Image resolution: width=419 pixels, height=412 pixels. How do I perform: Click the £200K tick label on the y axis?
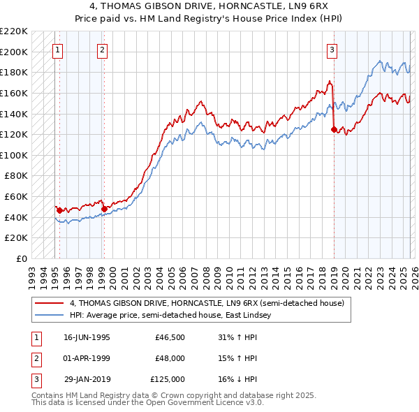coord(15,52)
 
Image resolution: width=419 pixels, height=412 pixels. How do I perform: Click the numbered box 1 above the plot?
coord(57,50)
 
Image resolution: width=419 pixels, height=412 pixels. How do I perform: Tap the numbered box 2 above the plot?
coord(102,50)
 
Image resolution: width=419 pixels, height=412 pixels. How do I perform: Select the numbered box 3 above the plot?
coord(332,50)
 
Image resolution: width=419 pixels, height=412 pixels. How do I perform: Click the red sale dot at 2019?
coord(334,129)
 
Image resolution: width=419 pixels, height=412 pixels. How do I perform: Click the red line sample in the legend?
coord(50,304)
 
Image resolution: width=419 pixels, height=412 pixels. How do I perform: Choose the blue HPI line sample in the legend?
coord(50,315)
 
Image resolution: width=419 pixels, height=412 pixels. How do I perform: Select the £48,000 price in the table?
coord(170,358)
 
